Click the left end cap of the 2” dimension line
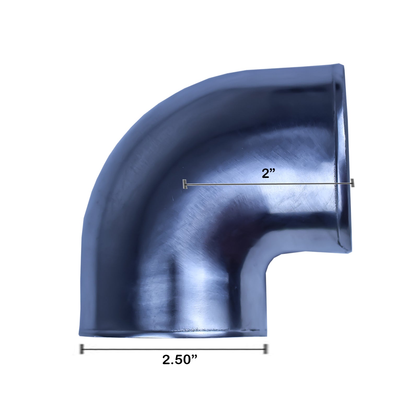185,184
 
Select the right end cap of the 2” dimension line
353,183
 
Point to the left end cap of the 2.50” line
82,349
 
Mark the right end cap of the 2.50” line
265,349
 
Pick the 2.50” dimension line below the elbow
174,349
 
